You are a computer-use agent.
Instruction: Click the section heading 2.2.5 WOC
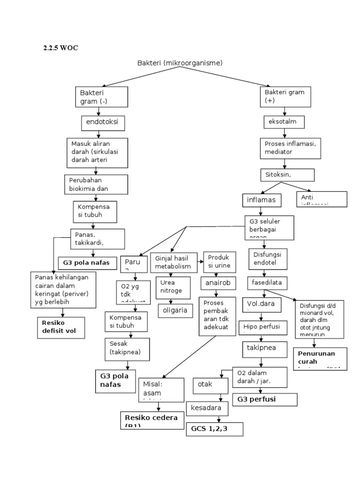tap(57, 48)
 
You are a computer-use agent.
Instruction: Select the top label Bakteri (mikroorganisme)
tap(180, 63)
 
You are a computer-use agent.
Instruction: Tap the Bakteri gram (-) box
tap(101, 97)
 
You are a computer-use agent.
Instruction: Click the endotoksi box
tap(102, 123)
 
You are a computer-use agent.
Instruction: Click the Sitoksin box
tap(287, 175)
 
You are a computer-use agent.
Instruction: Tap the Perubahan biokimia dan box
tap(96, 184)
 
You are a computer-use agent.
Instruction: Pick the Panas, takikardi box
tap(97, 239)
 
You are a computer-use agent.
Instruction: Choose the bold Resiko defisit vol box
tap(62, 328)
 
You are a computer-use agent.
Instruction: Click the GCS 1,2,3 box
tap(215, 429)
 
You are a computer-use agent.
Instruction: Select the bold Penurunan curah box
tap(320, 359)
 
